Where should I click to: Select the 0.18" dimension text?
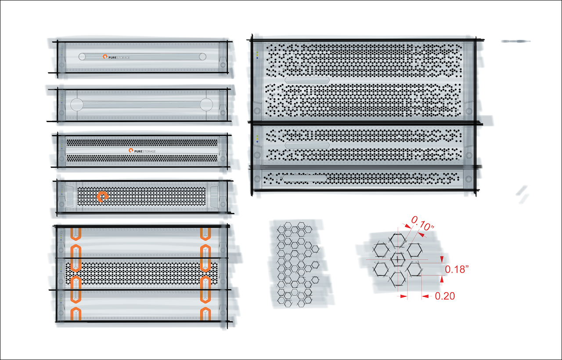457,269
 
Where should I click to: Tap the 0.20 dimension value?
445,296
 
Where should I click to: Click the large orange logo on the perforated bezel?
102,197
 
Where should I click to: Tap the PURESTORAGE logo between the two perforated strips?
142,151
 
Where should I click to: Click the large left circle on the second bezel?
76,104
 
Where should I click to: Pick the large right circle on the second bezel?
206,104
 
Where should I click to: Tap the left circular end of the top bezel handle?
82,57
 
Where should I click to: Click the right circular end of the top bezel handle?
202,57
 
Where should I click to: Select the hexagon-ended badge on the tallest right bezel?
307,80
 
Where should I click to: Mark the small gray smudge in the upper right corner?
516,41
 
